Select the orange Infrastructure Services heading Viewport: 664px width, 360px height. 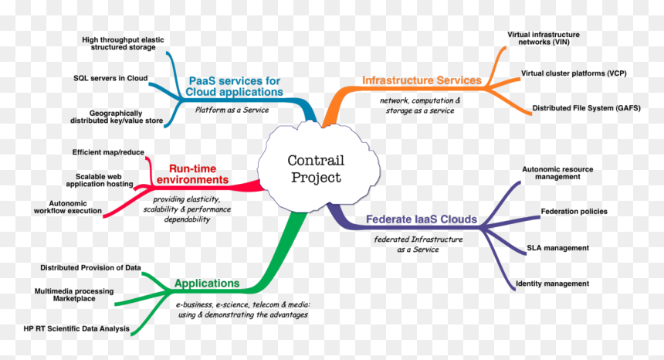(422, 80)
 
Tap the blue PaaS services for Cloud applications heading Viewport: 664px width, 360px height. (234, 87)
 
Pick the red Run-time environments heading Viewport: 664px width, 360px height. (193, 174)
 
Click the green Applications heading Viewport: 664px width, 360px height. (207, 283)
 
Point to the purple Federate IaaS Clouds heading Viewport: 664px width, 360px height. (422, 219)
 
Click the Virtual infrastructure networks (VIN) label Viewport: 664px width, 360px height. (544, 39)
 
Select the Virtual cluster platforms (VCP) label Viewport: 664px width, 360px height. (574, 73)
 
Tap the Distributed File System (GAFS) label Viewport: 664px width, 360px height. (587, 108)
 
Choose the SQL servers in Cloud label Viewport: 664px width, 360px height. (110, 78)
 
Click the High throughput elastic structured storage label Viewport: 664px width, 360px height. (123, 43)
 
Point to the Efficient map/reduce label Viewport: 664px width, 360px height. (108, 152)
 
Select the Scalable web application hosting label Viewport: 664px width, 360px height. (100, 181)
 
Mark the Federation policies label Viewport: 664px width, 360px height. (574, 212)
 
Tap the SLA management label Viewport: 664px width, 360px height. (557, 248)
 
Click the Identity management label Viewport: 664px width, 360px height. (552, 284)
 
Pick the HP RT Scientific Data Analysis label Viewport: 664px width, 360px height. (76, 328)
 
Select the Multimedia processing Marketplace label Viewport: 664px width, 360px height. (74, 295)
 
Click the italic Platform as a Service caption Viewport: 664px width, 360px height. (232, 110)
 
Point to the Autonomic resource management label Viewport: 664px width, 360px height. (557, 173)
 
